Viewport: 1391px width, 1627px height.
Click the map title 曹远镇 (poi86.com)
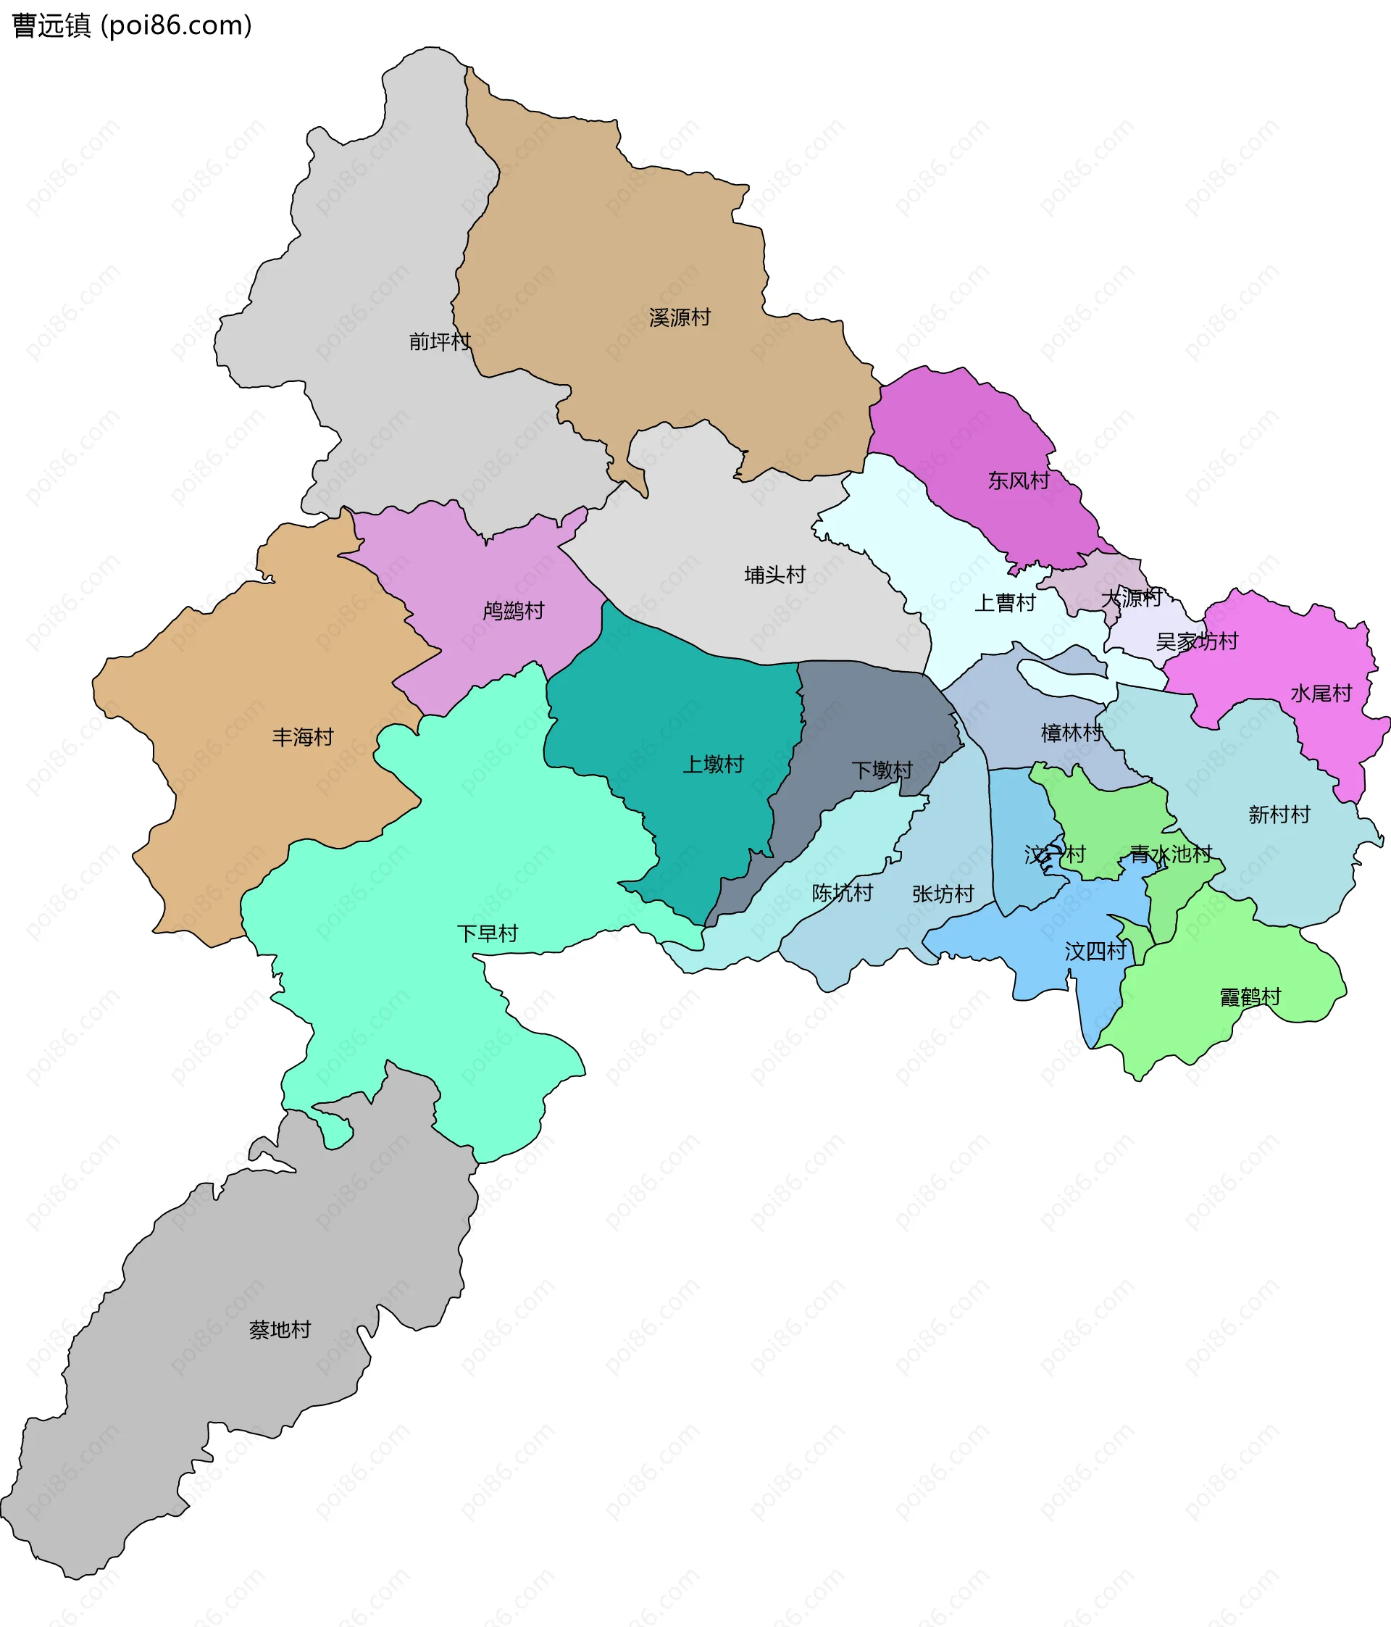tap(132, 26)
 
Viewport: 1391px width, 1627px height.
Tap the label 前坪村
tap(440, 341)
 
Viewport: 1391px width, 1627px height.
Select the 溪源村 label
tap(680, 317)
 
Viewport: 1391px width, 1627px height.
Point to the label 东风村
tap(1018, 480)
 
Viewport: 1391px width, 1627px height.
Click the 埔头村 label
tap(774, 575)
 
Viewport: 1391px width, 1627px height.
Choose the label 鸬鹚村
tap(514, 610)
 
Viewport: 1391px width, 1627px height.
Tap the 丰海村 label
tap(303, 736)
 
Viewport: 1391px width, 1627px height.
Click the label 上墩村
tap(713, 764)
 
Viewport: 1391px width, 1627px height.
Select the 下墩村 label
tap(882, 770)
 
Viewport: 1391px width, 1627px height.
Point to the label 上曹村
tap(1005, 602)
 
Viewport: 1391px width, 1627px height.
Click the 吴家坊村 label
tap(1196, 641)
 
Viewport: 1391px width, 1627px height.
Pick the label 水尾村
tap(1321, 693)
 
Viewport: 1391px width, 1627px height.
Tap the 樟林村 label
tap(1072, 733)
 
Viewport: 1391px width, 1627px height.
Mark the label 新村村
tap(1279, 815)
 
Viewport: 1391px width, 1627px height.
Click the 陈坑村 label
tap(842, 893)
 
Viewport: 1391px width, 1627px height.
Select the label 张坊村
tap(943, 894)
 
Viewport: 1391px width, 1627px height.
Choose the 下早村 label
tap(488, 933)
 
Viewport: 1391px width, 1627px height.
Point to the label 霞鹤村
tap(1250, 997)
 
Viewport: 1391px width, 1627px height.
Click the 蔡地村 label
tap(280, 1329)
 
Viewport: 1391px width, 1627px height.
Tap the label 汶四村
tap(1095, 952)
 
